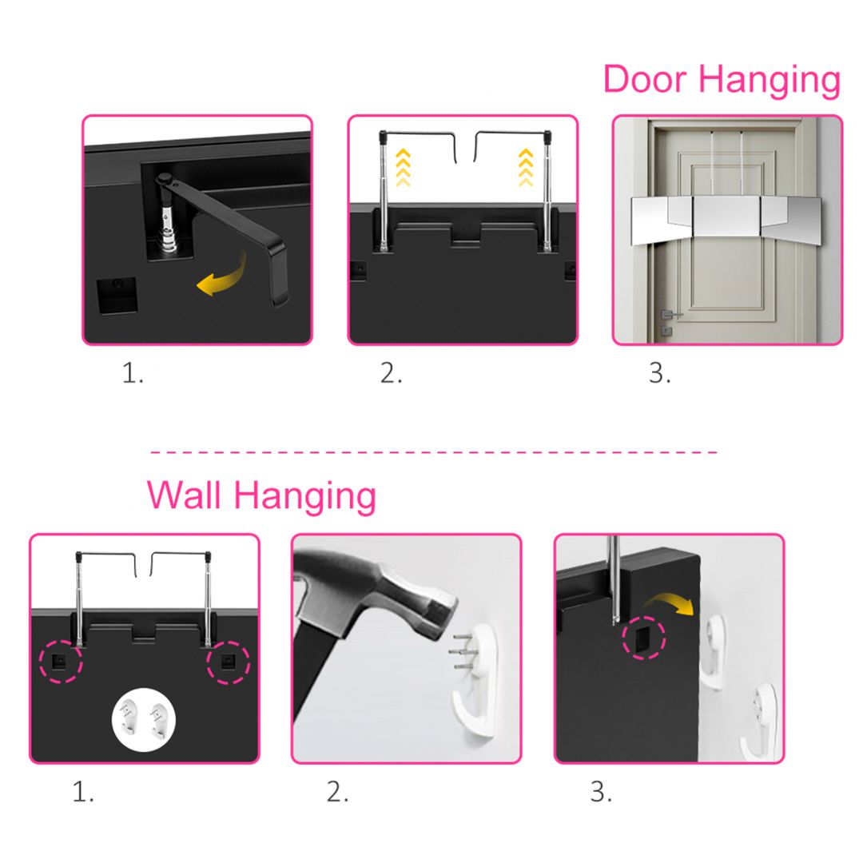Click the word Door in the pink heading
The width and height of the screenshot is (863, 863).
(x=645, y=78)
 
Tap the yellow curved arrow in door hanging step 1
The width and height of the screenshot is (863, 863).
(x=221, y=275)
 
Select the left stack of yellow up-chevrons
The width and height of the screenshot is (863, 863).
(x=403, y=167)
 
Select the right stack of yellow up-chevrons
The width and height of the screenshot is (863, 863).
(x=526, y=167)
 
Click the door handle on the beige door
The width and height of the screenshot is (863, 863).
(x=671, y=314)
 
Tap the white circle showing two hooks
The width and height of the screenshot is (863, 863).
(x=144, y=720)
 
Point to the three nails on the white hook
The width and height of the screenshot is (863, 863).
(x=461, y=652)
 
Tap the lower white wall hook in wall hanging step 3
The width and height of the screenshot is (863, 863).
(x=761, y=719)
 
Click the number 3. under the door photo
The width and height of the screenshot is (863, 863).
(x=659, y=373)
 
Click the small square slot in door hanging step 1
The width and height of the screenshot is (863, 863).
(x=117, y=295)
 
